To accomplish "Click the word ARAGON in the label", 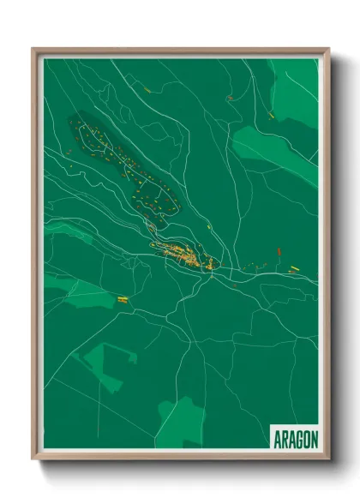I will tap(295, 439).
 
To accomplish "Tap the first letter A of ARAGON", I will tap(277, 439).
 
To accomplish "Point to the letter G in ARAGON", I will tap(298, 439).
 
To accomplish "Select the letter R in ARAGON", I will tap(284, 439).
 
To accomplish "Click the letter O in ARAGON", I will tap(306, 439).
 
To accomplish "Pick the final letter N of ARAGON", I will tap(314, 439).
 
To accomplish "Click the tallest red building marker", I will tap(279, 252).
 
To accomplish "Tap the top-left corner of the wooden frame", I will tap(33, 50).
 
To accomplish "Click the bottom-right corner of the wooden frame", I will tap(327, 459).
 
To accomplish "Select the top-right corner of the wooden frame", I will tap(327, 50).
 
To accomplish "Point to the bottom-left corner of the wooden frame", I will tap(33, 459).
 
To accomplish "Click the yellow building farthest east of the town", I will tap(293, 268).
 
